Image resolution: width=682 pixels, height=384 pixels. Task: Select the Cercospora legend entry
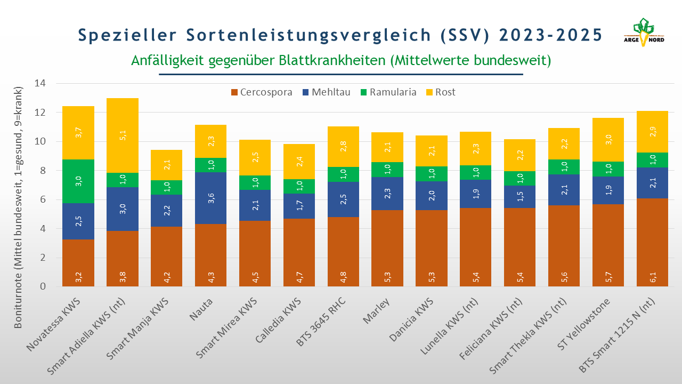pos(261,92)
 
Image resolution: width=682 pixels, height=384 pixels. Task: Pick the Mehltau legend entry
pos(326,92)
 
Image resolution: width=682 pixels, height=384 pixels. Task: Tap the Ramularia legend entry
pos(389,92)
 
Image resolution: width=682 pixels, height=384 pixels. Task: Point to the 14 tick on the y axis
pos(40,84)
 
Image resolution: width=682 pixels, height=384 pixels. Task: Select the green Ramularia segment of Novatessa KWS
pos(78,181)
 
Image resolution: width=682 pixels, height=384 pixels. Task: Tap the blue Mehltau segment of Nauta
pos(211,198)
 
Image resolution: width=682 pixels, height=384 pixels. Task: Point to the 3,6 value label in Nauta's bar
pos(211,198)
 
